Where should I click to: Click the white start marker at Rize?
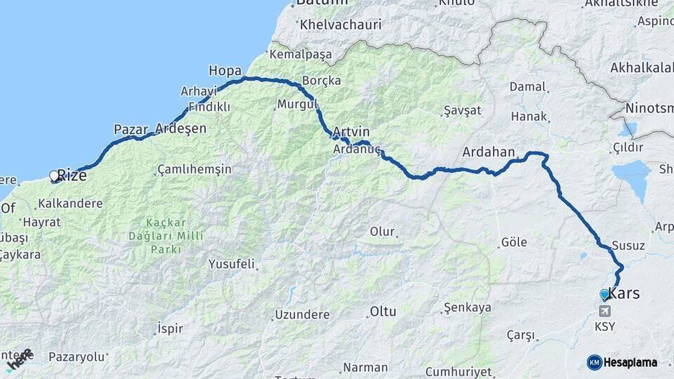(54, 175)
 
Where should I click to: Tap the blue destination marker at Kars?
(604, 294)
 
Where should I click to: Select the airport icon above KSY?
(604, 311)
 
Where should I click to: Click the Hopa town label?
(225, 71)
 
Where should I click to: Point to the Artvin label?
(351, 132)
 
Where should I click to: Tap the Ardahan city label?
(489, 152)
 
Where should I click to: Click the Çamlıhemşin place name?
(194, 170)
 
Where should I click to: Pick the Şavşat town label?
(463, 111)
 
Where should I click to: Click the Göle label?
(514, 242)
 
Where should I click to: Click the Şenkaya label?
(467, 308)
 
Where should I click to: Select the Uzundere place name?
(302, 314)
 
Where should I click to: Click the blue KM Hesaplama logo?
(622, 362)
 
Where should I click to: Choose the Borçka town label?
(322, 81)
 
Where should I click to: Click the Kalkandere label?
(70, 204)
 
